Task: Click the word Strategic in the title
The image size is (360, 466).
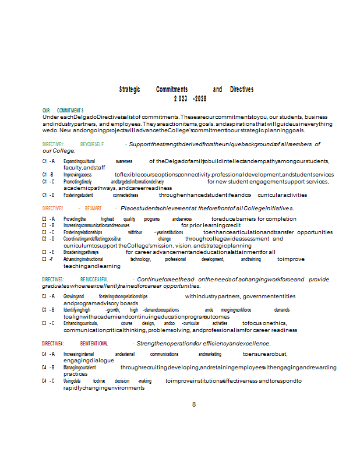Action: [129, 90]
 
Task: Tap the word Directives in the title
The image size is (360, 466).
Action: [242, 90]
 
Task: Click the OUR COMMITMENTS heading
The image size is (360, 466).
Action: [63, 111]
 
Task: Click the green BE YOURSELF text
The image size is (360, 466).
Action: [92, 144]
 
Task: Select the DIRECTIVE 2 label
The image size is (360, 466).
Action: [53, 209]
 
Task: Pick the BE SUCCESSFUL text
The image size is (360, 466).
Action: [94, 280]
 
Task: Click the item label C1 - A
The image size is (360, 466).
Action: [48, 161]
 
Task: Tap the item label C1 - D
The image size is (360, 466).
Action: [48, 195]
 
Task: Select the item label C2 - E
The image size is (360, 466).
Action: [48, 252]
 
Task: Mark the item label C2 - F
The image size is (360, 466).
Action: [48, 259]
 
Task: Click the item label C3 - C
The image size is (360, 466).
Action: [48, 323]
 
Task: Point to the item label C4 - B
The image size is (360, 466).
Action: [48, 368]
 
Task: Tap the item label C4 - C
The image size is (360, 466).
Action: [48, 381]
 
